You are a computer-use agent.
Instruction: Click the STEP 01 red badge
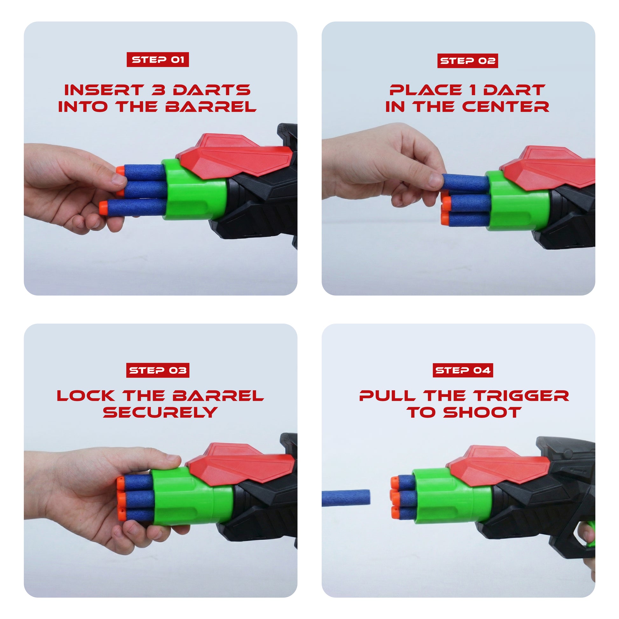(x=158, y=59)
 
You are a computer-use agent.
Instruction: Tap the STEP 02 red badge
(x=468, y=61)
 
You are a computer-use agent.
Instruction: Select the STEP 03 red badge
(x=158, y=370)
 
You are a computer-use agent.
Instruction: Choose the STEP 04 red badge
(x=463, y=370)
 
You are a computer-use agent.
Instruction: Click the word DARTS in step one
(x=212, y=90)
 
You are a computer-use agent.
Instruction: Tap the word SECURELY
(x=160, y=412)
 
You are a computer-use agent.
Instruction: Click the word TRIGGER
(x=521, y=396)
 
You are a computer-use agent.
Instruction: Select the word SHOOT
(x=482, y=412)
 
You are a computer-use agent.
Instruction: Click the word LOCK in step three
(x=86, y=396)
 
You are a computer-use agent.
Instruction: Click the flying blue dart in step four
(x=346, y=498)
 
